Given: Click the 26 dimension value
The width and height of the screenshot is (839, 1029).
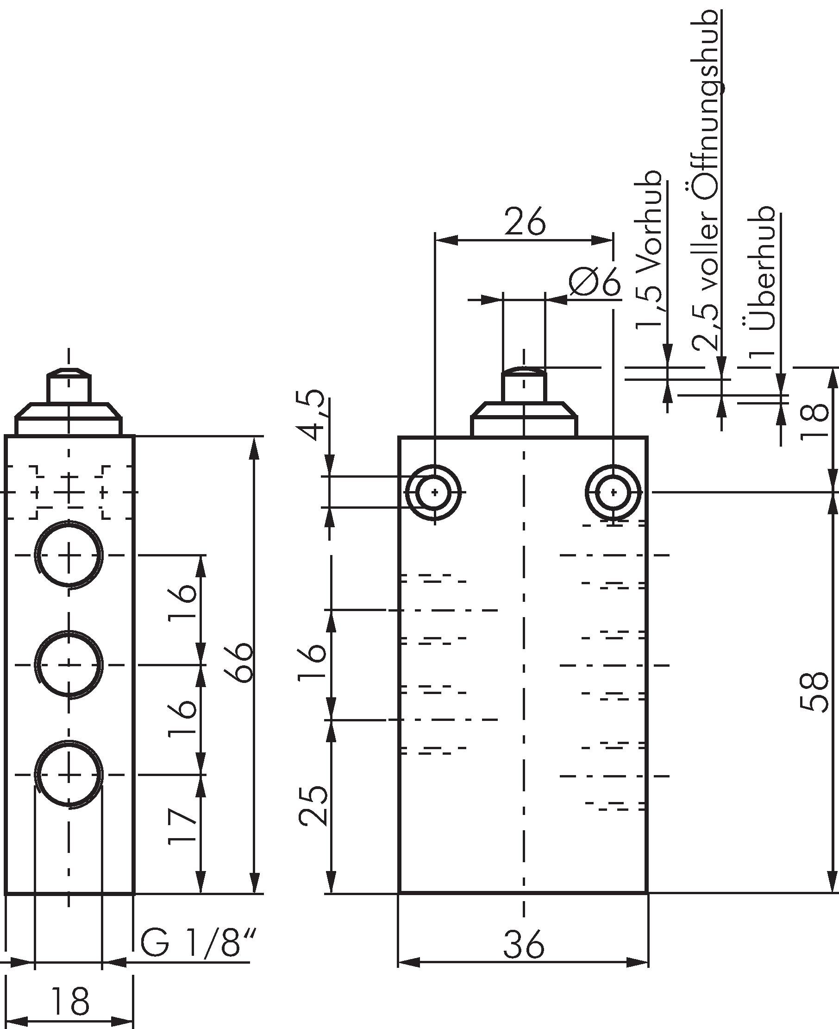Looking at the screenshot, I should click(525, 222).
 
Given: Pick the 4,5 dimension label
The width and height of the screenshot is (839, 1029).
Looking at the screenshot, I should click(312, 414).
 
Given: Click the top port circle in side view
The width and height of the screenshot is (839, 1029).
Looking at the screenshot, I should click(69, 555).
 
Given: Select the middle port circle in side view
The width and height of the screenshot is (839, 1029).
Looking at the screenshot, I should click(69, 665).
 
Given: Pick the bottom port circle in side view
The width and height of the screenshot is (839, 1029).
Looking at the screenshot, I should click(69, 775).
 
